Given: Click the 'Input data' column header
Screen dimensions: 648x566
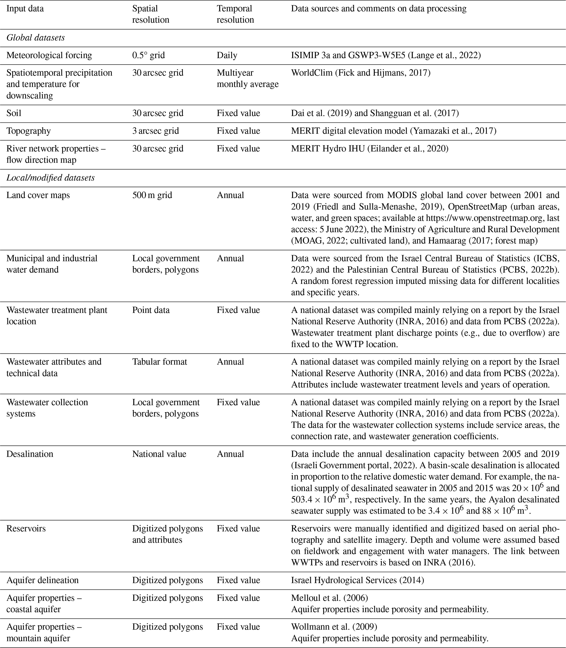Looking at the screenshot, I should [x=25, y=8].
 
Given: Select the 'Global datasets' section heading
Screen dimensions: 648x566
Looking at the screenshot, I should [x=35, y=38].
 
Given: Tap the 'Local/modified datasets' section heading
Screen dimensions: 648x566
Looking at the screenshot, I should [x=51, y=178].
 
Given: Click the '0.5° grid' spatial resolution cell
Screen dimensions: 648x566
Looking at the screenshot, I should [x=148, y=55].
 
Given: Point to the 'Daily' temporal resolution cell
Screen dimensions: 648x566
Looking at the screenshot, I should [x=227, y=55].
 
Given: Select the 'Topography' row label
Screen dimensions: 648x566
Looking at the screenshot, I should [x=28, y=131].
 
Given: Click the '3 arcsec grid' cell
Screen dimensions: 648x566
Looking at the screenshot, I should [x=156, y=131].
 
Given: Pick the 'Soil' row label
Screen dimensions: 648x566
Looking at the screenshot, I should [x=14, y=113].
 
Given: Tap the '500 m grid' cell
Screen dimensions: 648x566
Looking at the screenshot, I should [x=152, y=195].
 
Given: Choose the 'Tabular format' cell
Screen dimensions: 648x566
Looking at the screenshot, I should [x=159, y=362].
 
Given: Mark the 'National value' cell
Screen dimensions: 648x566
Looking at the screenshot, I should [x=159, y=454].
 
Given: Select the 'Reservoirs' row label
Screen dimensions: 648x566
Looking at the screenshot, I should [x=26, y=529].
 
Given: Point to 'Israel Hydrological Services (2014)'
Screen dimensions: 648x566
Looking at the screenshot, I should [x=358, y=580].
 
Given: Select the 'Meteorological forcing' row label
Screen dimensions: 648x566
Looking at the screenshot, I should [x=49, y=55].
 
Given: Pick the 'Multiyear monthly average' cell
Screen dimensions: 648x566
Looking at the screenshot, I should [x=248, y=78].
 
